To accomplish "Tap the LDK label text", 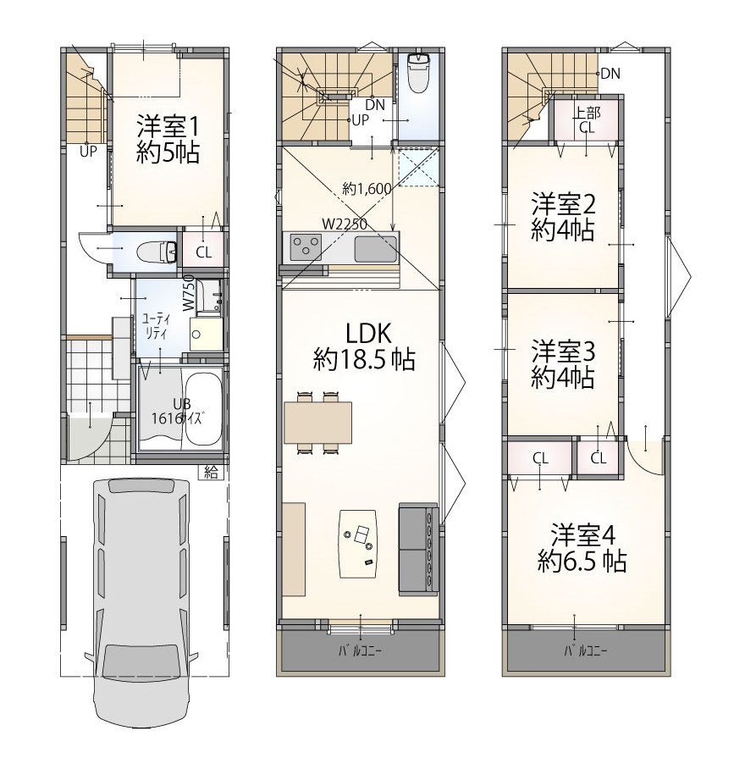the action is pyautogui.click(x=368, y=334).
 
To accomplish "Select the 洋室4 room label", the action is pyautogui.click(x=583, y=535).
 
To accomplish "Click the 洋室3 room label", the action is pyautogui.click(x=563, y=352).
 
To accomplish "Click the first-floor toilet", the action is pyautogui.click(x=157, y=252).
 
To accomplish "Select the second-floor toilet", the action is pyautogui.click(x=417, y=73).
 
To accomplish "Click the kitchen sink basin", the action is pyautogui.click(x=375, y=248).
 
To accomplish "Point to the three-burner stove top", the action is pyautogui.click(x=306, y=246).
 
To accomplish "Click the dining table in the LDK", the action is pyautogui.click(x=317, y=422).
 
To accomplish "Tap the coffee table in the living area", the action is pyautogui.click(x=358, y=544).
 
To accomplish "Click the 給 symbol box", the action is pyautogui.click(x=211, y=472).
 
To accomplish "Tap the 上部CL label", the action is pyautogui.click(x=587, y=120).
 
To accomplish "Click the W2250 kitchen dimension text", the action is pyautogui.click(x=345, y=224).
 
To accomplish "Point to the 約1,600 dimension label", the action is pyautogui.click(x=367, y=188).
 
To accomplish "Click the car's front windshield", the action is pyautogui.click(x=141, y=662).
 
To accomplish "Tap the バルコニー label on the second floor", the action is pyautogui.click(x=361, y=651).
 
